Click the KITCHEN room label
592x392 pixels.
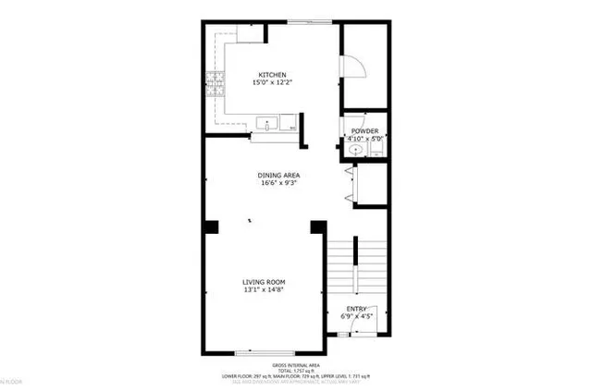[271, 75]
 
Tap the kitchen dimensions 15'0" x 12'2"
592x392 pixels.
[271, 83]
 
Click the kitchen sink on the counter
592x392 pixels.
[266, 122]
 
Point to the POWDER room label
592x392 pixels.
[365, 131]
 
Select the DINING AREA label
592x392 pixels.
[278, 174]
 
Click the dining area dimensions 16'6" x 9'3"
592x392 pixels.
[278, 182]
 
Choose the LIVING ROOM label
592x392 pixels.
[264, 282]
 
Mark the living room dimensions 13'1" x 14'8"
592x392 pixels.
[264, 290]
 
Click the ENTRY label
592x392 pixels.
[357, 309]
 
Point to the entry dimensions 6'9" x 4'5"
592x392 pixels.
[357, 317]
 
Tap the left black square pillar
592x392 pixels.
[211, 226]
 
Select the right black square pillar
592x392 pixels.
[318, 226]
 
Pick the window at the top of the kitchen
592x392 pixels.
[303, 20]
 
